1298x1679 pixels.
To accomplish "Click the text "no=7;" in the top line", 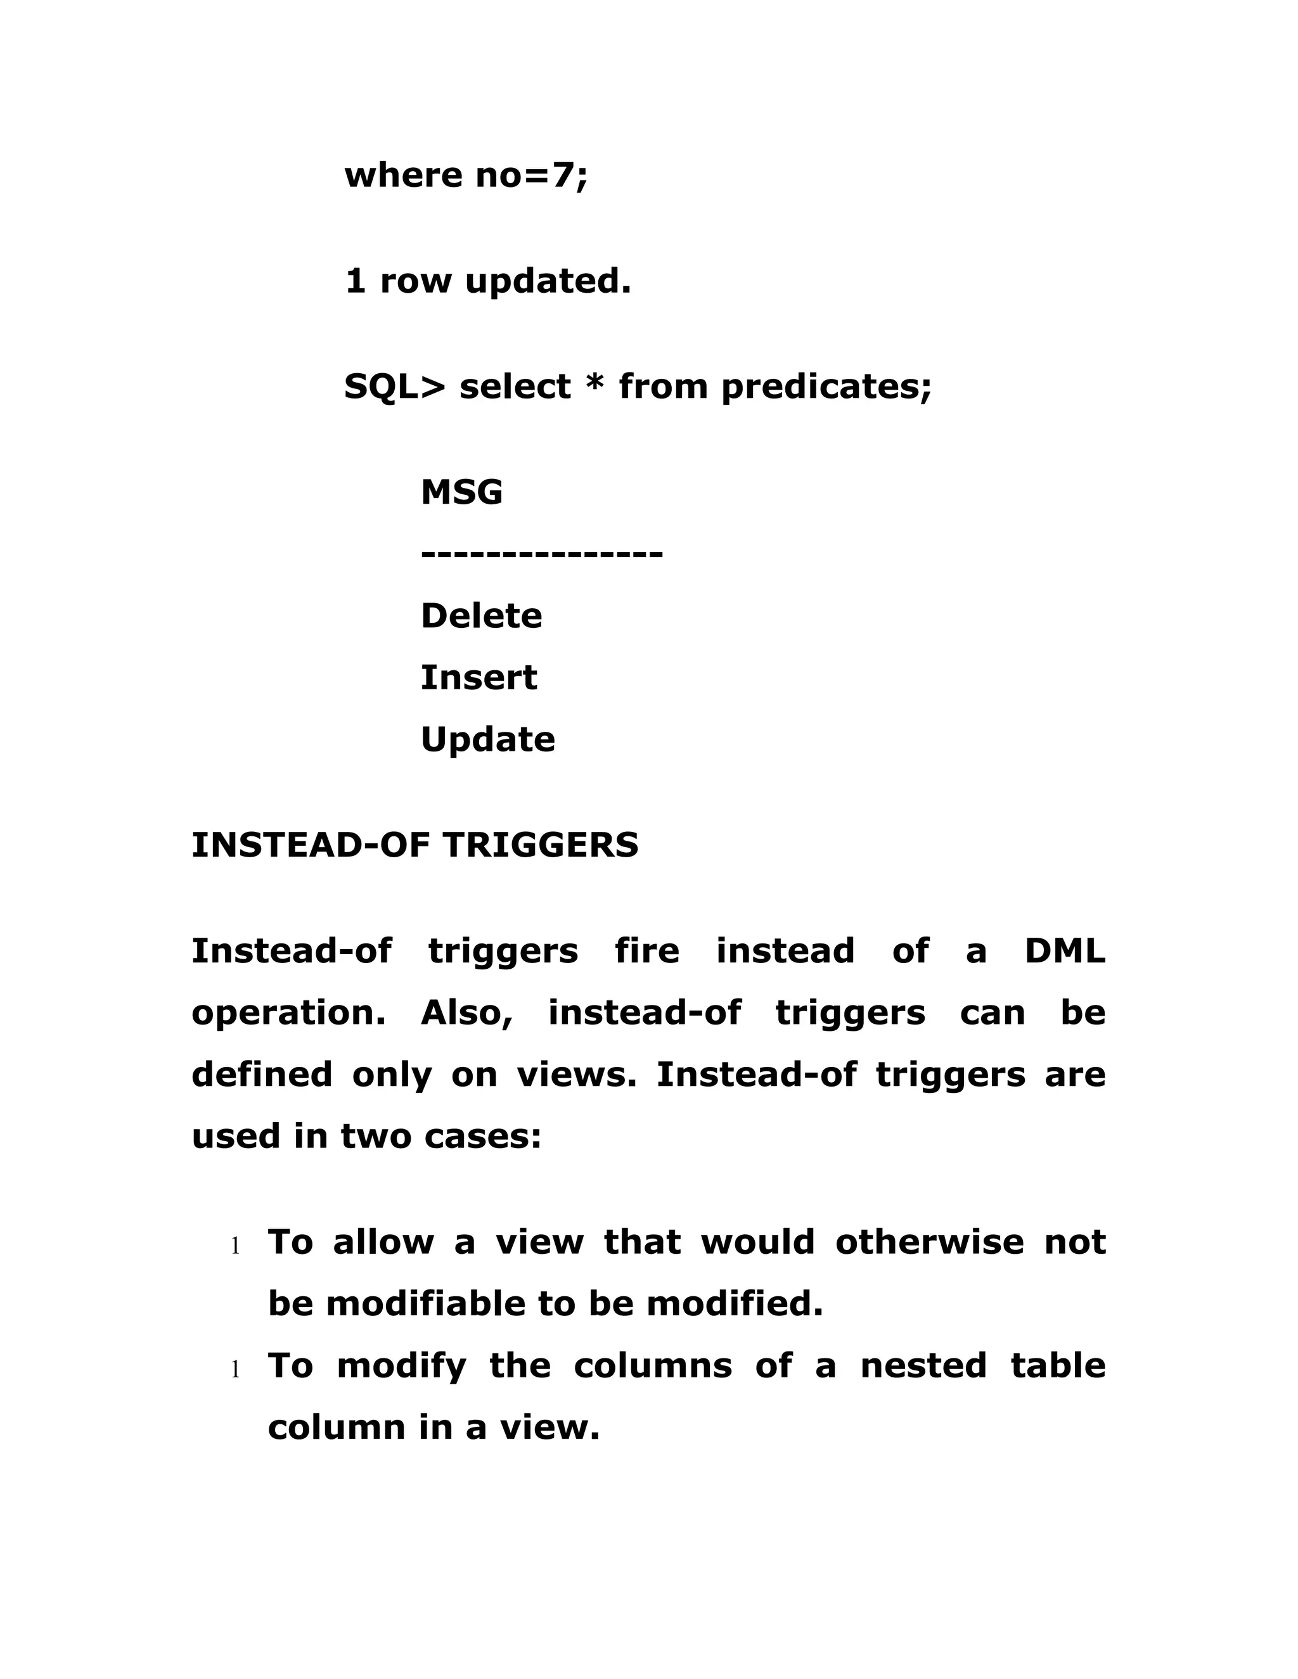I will point(531,176).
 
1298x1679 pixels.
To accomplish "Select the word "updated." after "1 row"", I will point(548,281).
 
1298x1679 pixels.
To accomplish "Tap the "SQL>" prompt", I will point(394,386).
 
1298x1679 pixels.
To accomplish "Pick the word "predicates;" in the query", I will point(826,386).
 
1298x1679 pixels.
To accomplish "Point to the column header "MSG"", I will point(461,492).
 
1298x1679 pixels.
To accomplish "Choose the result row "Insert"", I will point(479,677).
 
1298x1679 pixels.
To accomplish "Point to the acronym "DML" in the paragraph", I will point(1065,951).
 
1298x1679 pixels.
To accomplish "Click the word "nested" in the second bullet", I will point(923,1366).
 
